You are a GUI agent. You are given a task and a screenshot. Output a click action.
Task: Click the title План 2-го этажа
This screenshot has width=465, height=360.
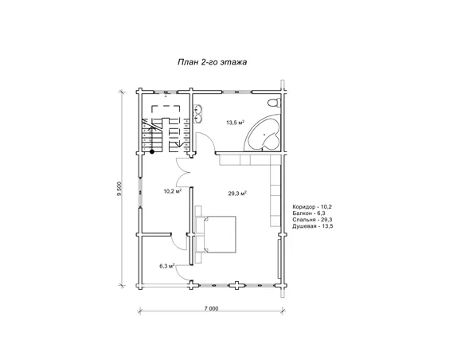pyautogui.click(x=212, y=62)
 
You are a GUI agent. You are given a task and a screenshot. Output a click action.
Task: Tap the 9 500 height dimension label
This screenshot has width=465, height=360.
pyautogui.click(x=119, y=190)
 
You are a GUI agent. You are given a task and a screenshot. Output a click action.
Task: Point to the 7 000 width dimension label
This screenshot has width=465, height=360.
pyautogui.click(x=211, y=308)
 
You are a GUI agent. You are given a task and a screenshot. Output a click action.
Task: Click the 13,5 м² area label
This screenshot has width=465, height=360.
pyautogui.click(x=235, y=123)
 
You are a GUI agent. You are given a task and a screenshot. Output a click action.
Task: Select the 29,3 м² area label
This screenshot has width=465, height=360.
pyautogui.click(x=237, y=194)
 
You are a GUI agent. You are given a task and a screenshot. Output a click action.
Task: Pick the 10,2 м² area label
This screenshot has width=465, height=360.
pyautogui.click(x=172, y=191)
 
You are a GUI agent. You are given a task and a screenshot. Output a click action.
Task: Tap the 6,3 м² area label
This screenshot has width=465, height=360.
pyautogui.click(x=166, y=266)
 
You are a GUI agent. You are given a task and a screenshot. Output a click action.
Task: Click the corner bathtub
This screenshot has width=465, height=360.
pyautogui.click(x=263, y=134)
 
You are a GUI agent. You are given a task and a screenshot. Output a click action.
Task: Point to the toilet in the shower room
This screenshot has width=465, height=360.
pyautogui.click(x=275, y=103)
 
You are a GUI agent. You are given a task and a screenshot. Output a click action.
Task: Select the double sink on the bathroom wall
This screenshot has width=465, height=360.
pyautogui.click(x=198, y=114)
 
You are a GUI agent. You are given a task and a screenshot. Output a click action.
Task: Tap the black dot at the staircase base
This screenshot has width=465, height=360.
pyautogui.click(x=152, y=151)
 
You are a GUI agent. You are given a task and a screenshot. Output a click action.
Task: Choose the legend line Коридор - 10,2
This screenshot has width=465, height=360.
pyautogui.click(x=312, y=207)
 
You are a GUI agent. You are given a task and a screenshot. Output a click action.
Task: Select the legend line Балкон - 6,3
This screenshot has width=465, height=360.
pyautogui.click(x=309, y=213)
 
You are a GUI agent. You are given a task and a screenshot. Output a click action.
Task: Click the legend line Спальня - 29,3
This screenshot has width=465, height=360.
pyautogui.click(x=312, y=220)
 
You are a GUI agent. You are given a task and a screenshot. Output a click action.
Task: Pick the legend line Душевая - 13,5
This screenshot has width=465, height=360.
pyautogui.click(x=313, y=226)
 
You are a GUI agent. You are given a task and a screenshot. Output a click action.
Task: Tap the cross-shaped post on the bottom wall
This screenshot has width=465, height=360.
pyautogui.click(x=236, y=286)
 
